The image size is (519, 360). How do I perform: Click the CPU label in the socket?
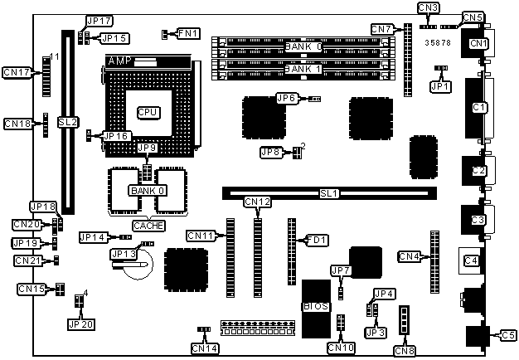coord(148,112)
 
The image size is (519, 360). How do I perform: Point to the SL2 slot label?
coord(68,122)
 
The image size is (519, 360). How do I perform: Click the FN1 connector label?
coord(187,33)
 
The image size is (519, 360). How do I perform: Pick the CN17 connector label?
coord(17,73)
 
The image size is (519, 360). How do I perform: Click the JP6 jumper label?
coord(288,98)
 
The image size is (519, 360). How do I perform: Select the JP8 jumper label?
coord(271,152)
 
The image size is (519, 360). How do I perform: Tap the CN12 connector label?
coord(257,202)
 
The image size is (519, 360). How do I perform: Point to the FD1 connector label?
coord(318,241)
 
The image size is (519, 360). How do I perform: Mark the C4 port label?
coord(471,260)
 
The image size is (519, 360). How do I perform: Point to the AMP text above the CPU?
coord(119,61)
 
